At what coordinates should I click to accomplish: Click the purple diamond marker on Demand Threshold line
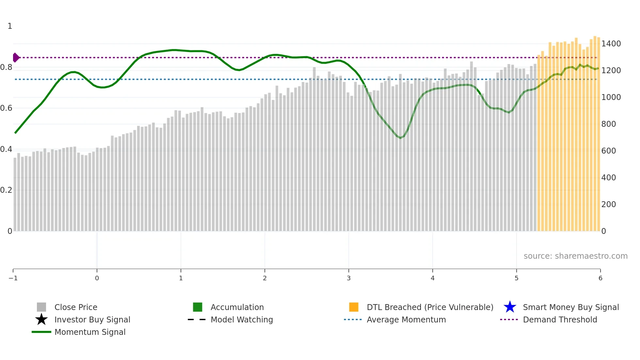(16, 57)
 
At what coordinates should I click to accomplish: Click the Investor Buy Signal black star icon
(41, 319)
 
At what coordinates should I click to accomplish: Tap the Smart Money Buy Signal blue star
(510, 307)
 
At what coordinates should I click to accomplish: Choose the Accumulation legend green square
(198, 307)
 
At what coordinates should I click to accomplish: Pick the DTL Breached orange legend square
(354, 307)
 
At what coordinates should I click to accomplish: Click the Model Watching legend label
(242, 319)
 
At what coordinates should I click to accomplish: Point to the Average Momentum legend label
(406, 319)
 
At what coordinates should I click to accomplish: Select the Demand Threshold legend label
(560, 319)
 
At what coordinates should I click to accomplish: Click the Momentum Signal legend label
(90, 332)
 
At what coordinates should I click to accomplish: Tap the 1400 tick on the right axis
(611, 44)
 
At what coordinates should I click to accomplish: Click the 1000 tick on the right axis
(611, 97)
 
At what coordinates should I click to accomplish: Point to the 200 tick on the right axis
(609, 205)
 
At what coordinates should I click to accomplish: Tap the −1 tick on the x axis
(13, 278)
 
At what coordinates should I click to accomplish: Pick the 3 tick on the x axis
(349, 278)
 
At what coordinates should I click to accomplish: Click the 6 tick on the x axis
(600, 278)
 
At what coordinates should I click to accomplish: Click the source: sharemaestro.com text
(575, 256)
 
